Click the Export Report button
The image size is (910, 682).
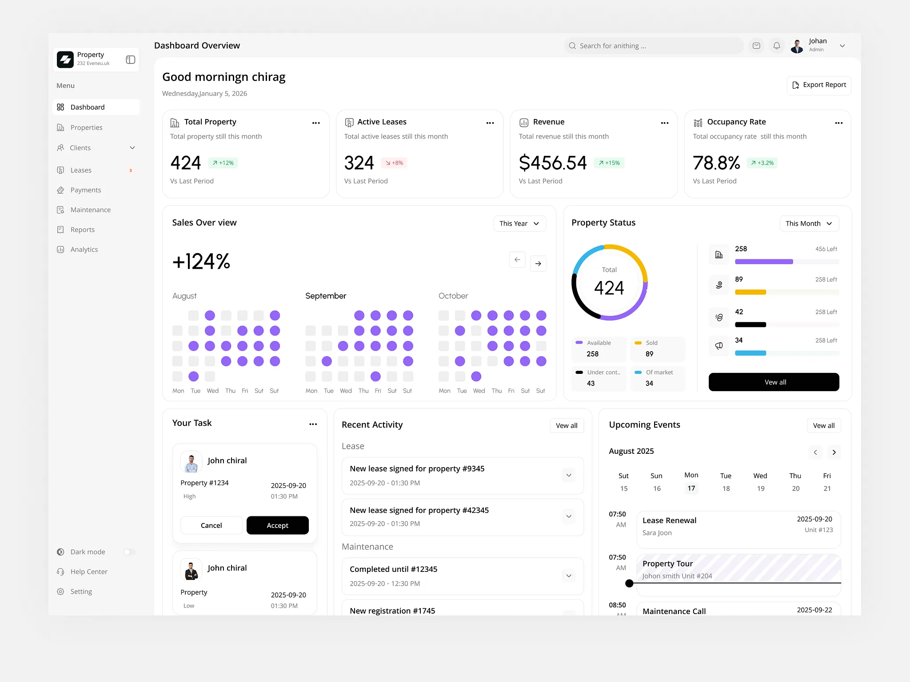(x=819, y=85)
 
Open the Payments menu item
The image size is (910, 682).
(x=85, y=190)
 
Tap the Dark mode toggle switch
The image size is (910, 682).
(x=129, y=552)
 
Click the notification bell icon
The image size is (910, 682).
(x=777, y=46)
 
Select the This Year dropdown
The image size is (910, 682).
(x=519, y=223)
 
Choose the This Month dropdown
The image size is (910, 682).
(x=809, y=223)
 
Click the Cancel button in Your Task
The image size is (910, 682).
(x=211, y=525)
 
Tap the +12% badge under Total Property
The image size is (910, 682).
(x=223, y=163)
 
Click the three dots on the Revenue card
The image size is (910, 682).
(x=664, y=123)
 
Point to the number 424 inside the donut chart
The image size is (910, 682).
(x=609, y=288)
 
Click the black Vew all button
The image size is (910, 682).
(x=774, y=382)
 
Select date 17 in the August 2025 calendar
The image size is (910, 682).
(x=691, y=488)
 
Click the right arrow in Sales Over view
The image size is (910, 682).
(x=538, y=264)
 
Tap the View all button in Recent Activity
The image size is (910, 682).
(x=567, y=425)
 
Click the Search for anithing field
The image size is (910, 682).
(x=653, y=46)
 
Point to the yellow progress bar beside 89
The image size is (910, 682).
(x=750, y=292)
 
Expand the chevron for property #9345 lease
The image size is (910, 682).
(x=569, y=475)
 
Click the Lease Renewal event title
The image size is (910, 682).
(x=669, y=520)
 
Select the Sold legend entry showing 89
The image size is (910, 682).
(x=657, y=349)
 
